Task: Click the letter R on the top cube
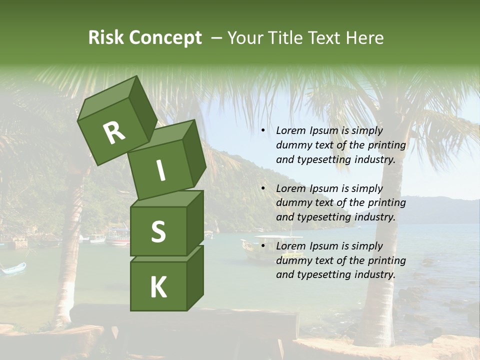114,132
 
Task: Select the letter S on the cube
158,232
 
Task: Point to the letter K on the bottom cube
158,287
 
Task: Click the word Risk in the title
105,37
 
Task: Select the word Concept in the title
165,37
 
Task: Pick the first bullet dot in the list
263,131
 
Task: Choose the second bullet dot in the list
263,189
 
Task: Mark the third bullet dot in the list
263,246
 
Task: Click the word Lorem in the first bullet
289,131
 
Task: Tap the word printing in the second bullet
386,203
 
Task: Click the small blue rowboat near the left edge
13,269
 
